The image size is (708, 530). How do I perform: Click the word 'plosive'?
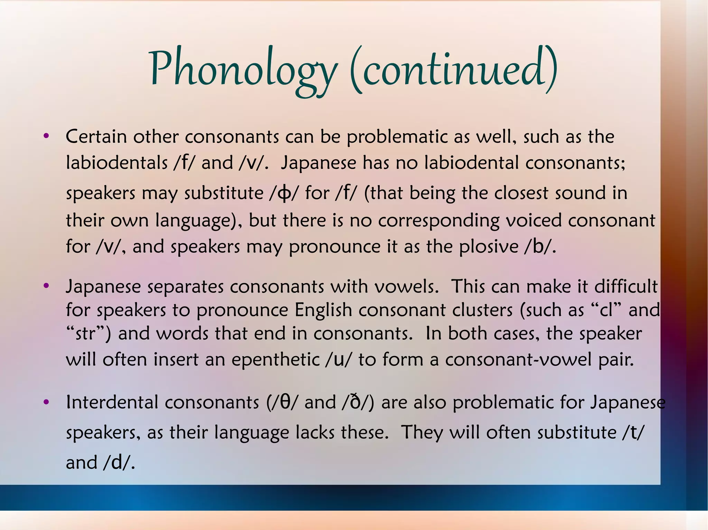click(489, 247)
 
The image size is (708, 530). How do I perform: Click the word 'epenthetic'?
click(275, 359)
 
